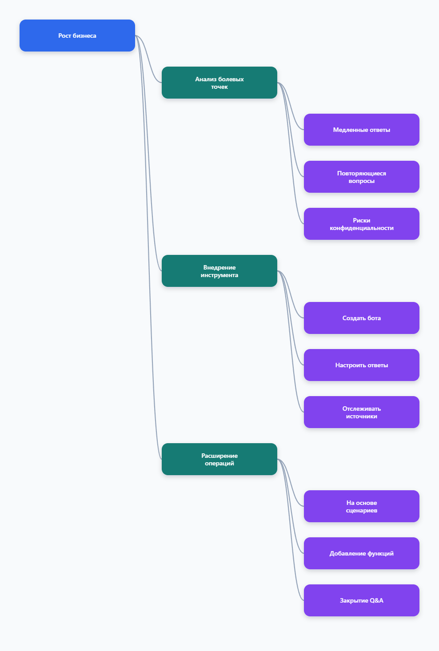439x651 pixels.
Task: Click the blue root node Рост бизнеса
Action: click(77, 36)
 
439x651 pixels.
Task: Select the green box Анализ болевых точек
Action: click(219, 83)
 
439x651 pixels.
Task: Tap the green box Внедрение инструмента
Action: click(219, 271)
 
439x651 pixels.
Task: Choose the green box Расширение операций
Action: click(219, 459)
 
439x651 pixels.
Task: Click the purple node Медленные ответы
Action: click(361, 130)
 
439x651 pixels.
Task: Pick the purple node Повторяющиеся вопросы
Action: click(361, 177)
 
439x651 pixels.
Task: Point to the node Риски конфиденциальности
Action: click(361, 224)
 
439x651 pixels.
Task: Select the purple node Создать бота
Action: click(361, 318)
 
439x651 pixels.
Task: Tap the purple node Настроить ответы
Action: click(361, 365)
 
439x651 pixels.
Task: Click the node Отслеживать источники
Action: click(361, 412)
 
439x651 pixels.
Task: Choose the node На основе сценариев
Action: click(361, 506)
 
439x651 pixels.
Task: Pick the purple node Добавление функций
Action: click(361, 553)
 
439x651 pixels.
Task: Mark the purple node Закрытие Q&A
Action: click(361, 600)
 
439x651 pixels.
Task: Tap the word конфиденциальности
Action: click(361, 228)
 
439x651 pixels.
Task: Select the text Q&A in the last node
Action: click(376, 600)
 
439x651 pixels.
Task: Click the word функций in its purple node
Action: click(380, 554)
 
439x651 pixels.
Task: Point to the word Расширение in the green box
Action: click(219, 456)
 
